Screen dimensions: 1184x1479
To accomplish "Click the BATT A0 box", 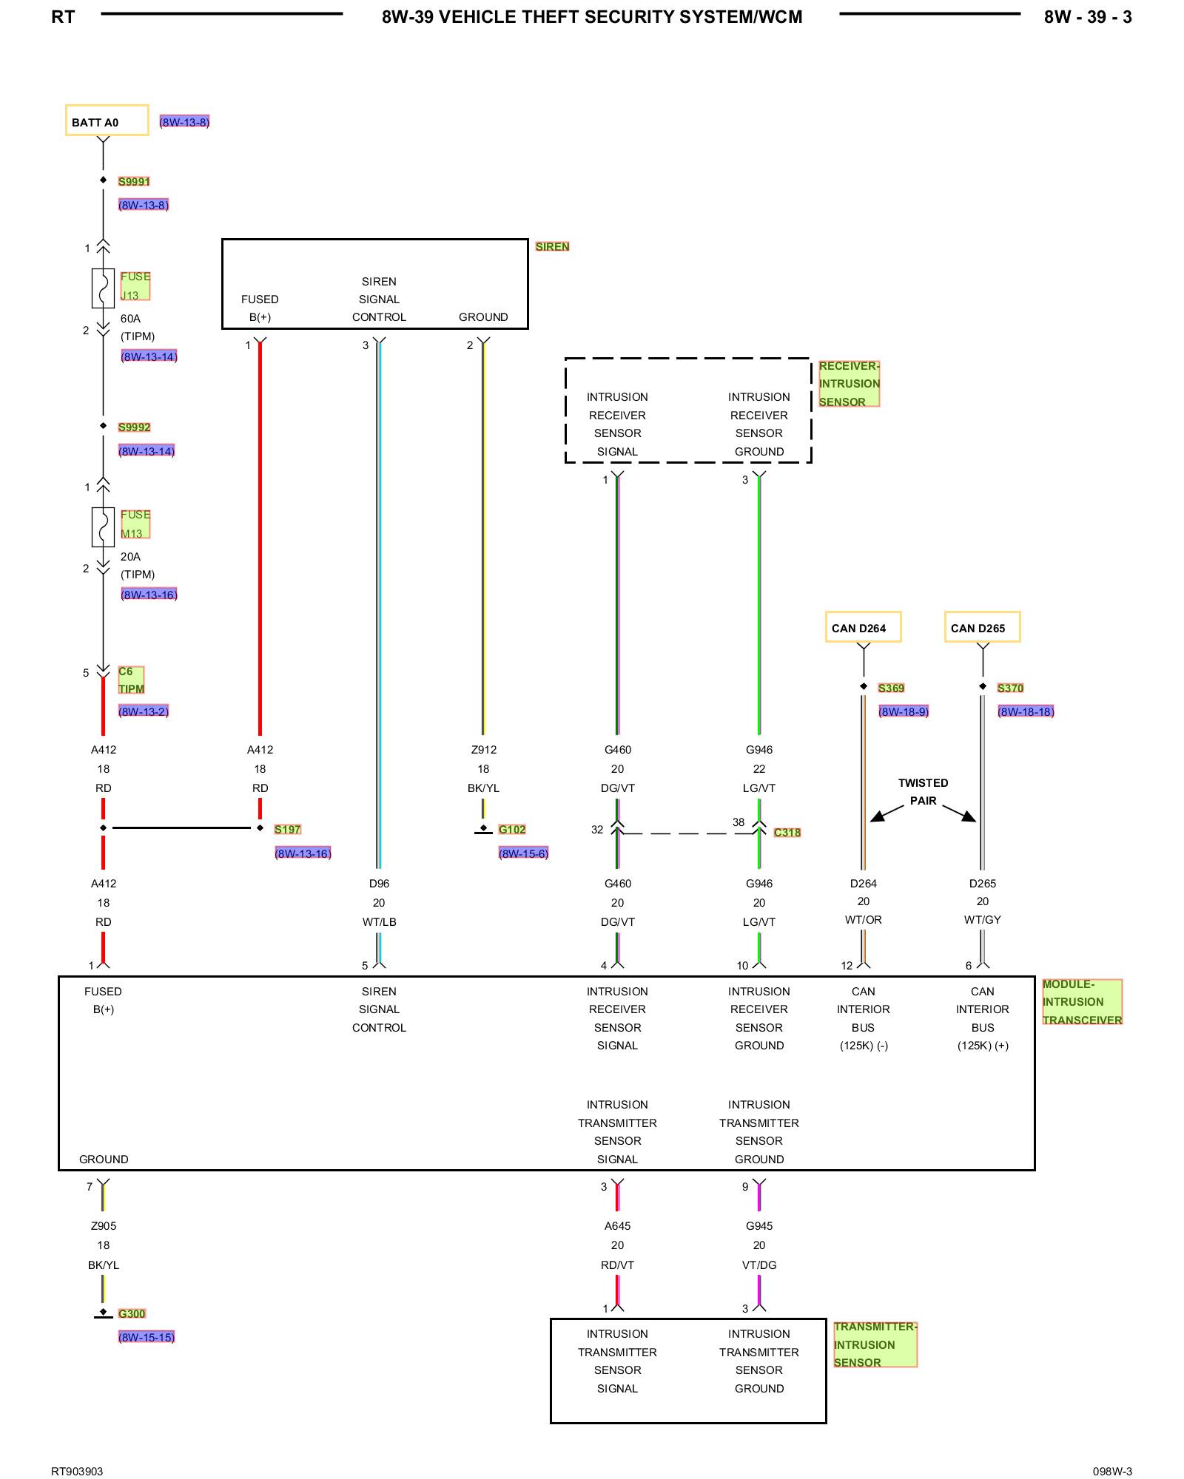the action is pyautogui.click(x=107, y=121).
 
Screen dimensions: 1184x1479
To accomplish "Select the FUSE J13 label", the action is pyautogui.click(x=135, y=285).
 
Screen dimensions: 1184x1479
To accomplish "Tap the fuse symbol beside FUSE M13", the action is pyautogui.click(x=103, y=527).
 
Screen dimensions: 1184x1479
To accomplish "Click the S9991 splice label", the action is pyautogui.click(x=134, y=182).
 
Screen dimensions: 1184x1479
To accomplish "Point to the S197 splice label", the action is pyautogui.click(x=288, y=830).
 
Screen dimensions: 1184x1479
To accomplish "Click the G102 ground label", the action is pyautogui.click(x=512, y=830).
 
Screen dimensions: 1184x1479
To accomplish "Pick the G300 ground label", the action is pyautogui.click(x=132, y=1314).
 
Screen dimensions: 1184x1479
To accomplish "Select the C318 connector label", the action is pyautogui.click(x=787, y=833).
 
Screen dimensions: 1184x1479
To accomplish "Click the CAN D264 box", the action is pyautogui.click(x=864, y=627).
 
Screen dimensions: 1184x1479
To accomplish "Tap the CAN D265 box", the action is pyautogui.click(x=983, y=627).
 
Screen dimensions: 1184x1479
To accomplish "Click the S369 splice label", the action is pyautogui.click(x=892, y=688).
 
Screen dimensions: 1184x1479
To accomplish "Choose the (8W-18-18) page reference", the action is pyautogui.click(x=1026, y=712).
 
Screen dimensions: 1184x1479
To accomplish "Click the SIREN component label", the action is pyautogui.click(x=553, y=247).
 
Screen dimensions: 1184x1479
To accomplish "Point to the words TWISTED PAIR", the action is pyautogui.click(x=924, y=792).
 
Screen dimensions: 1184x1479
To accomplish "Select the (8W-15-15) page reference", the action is pyautogui.click(x=147, y=1338).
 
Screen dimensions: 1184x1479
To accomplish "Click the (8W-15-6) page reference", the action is pyautogui.click(x=523, y=854).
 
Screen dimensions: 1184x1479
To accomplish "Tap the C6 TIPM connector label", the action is pyautogui.click(x=132, y=680).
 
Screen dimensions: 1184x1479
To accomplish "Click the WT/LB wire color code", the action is pyautogui.click(x=380, y=922).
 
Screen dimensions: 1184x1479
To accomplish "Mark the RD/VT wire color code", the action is pyautogui.click(x=618, y=1265).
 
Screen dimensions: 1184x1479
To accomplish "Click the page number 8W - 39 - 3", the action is pyautogui.click(x=1088, y=17).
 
